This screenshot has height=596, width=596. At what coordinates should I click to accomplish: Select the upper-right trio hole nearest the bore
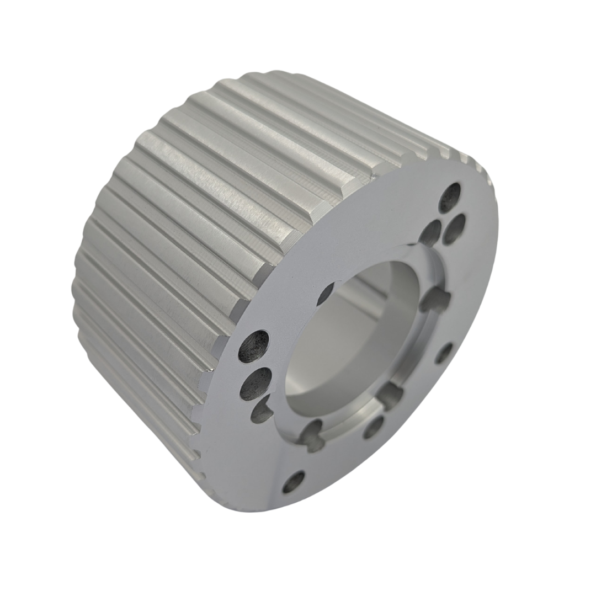coord(430,232)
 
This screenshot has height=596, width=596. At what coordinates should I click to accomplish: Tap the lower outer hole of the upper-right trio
coord(454,229)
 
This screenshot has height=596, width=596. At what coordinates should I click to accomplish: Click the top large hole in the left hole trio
coord(253,347)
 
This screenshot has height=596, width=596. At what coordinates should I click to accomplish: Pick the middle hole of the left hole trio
coord(256,384)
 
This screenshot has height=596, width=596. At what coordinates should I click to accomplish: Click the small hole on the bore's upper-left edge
coord(325,294)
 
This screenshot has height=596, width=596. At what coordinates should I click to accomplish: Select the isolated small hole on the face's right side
coord(443,353)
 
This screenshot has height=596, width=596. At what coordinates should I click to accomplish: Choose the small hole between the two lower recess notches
coord(374,427)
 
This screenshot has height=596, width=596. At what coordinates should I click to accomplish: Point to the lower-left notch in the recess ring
coord(312,434)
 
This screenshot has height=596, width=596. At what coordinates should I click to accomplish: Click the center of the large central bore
coord(353,337)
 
